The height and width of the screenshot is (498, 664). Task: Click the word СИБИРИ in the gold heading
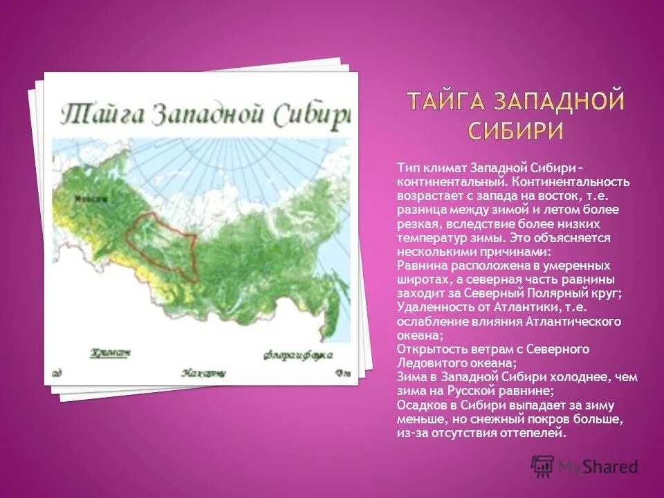515,130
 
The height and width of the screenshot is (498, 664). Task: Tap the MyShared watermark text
598,466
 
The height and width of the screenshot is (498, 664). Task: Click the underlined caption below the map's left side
109,352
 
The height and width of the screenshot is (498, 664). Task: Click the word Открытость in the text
427,349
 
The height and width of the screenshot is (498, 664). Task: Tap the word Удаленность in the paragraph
430,308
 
